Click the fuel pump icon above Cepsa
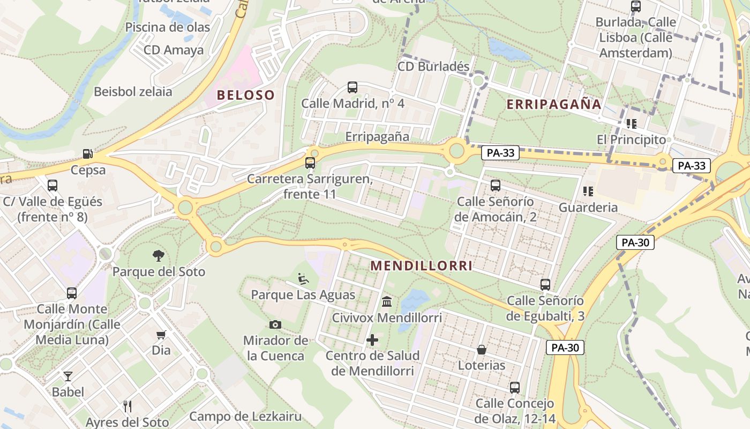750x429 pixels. pyautogui.click(x=87, y=154)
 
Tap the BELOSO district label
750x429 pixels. pyautogui.click(x=245, y=95)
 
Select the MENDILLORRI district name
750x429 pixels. pyautogui.click(x=422, y=265)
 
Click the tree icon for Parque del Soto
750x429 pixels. pyautogui.click(x=159, y=255)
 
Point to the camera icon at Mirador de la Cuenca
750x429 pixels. pyautogui.click(x=275, y=324)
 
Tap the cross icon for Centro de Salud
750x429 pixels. pyautogui.click(x=372, y=340)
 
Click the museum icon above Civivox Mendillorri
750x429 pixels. pyautogui.click(x=387, y=302)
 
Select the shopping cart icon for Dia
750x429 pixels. pyautogui.click(x=161, y=335)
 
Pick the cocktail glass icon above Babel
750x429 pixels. pyautogui.click(x=68, y=376)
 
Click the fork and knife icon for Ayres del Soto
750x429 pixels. pyautogui.click(x=127, y=406)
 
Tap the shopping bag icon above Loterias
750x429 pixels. pyautogui.click(x=482, y=350)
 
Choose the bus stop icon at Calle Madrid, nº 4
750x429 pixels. pyautogui.click(x=352, y=87)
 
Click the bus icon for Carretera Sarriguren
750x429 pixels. pyautogui.click(x=310, y=163)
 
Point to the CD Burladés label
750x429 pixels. pyautogui.click(x=433, y=66)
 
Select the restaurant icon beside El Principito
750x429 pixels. pyautogui.click(x=632, y=124)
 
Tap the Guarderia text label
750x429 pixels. pyautogui.click(x=588, y=207)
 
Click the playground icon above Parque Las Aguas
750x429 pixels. pyautogui.click(x=303, y=279)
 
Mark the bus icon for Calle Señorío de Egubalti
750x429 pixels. pyautogui.click(x=545, y=285)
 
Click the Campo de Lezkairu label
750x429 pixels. pyautogui.click(x=245, y=416)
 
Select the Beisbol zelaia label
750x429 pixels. pyautogui.click(x=133, y=91)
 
